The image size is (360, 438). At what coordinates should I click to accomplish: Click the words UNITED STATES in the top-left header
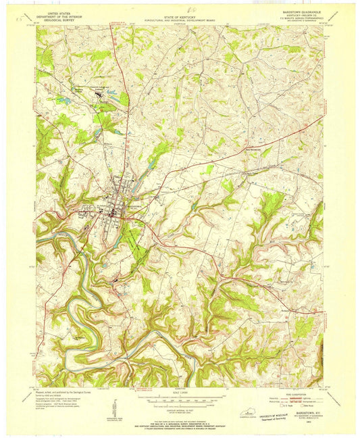click(x=59, y=11)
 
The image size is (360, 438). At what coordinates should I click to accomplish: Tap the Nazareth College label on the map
click(x=101, y=87)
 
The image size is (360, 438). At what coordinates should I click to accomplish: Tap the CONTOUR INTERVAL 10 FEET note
click(x=179, y=408)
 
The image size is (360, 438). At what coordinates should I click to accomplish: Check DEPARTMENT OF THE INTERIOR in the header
click(x=59, y=15)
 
